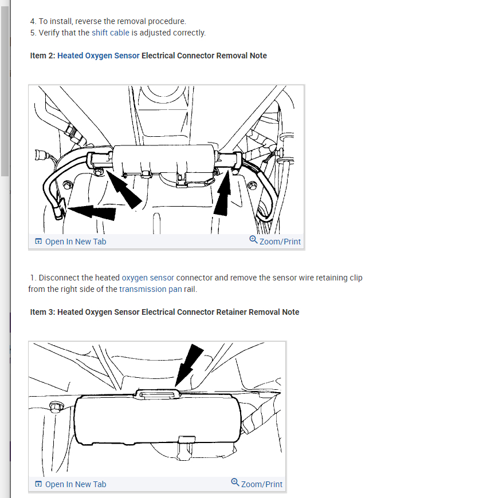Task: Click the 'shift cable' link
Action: [110, 33]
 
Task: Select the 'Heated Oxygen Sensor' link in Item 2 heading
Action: [98, 56]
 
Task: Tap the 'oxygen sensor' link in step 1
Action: [148, 278]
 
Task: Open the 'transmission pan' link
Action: [150, 289]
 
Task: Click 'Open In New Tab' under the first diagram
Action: [70, 242]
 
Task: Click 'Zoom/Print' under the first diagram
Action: [275, 241]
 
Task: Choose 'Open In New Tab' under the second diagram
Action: [70, 484]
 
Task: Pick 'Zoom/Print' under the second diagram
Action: [257, 484]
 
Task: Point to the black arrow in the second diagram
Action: [189, 366]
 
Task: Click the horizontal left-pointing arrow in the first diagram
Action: [92, 212]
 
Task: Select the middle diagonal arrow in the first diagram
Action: [123, 189]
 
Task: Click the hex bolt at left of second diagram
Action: [56, 407]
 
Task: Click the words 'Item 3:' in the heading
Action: [42, 312]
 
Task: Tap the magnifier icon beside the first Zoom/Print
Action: [253, 239]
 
